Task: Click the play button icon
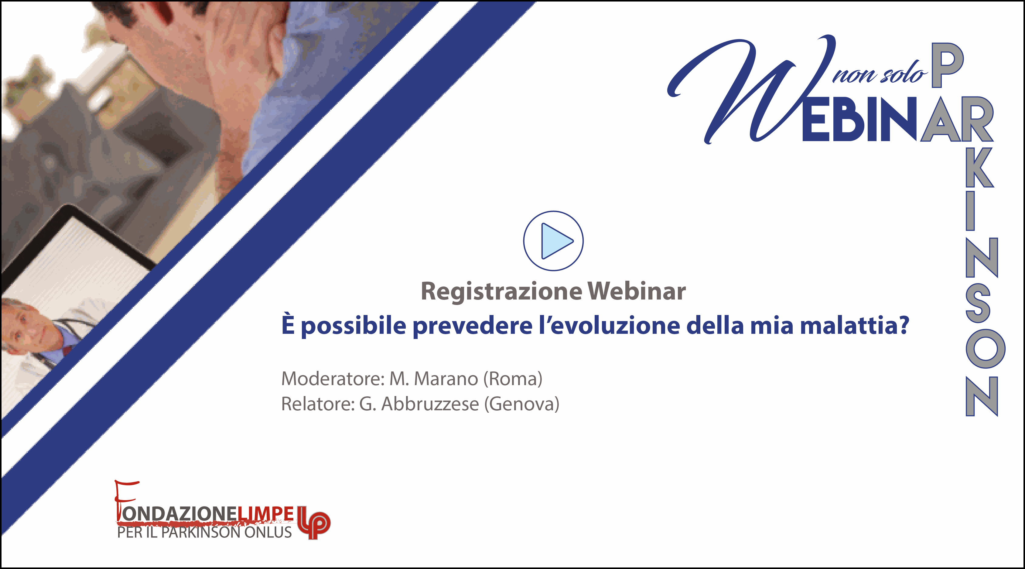coord(553,241)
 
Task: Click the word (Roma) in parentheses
coord(513,379)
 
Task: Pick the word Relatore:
coord(318,404)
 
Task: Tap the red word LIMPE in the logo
coord(266,514)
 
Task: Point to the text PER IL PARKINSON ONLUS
coord(204,532)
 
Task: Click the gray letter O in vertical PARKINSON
coord(985,349)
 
